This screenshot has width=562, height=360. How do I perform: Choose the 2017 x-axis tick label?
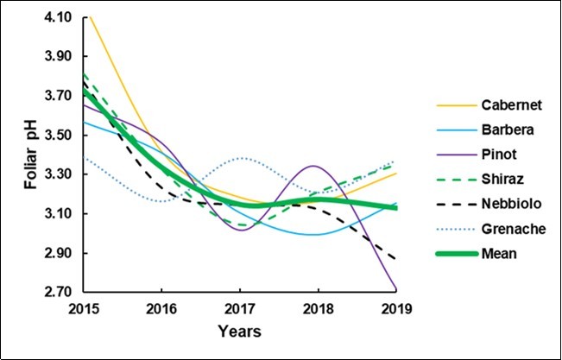[x=239, y=309]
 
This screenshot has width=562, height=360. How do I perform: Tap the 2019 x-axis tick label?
[x=395, y=309]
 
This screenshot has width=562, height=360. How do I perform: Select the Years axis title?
[x=239, y=331]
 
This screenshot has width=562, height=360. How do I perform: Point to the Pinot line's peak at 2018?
[x=316, y=166]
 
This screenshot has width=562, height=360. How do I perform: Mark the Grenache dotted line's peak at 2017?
[x=242, y=158]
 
